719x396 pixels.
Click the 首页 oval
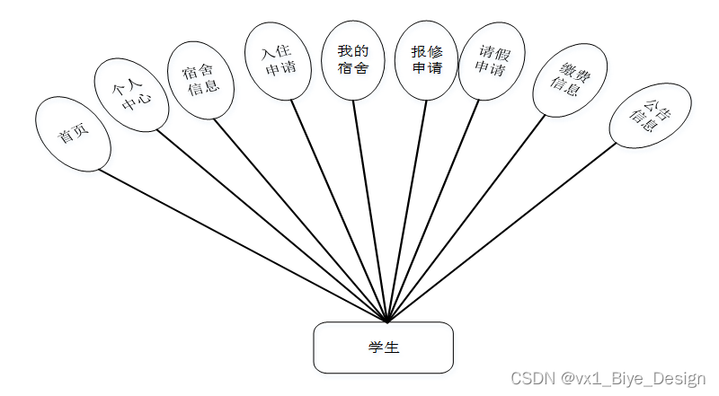click(x=73, y=135)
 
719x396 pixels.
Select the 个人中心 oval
click(x=129, y=96)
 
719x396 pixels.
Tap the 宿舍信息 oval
click(x=202, y=78)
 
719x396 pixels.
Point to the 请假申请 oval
click(x=491, y=60)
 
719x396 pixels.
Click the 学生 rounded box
click(x=383, y=348)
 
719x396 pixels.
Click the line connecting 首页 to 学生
click(x=243, y=245)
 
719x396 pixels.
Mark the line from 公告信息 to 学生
click(x=503, y=233)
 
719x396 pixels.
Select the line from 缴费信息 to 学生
click(x=465, y=217)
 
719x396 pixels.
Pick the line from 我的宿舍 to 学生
click(x=370, y=211)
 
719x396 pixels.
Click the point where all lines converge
click(x=387, y=321)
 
